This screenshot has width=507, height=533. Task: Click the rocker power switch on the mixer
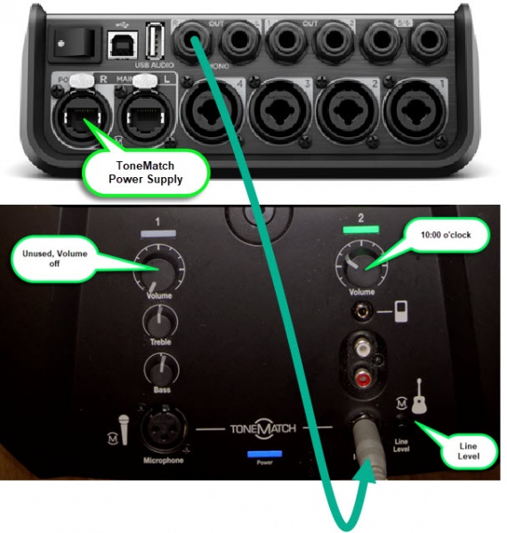point(63,38)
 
